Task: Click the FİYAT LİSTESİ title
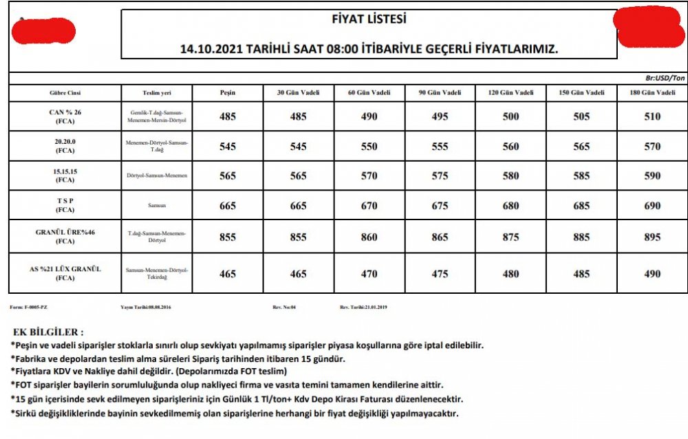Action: pos(369,19)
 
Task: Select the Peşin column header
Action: pos(228,92)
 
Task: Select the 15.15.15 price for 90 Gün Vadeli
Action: pos(441,176)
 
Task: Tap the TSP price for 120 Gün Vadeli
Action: pos(511,206)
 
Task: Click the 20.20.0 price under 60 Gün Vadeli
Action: pos(369,147)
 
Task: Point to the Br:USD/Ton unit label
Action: pos(665,79)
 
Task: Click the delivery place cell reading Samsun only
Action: pos(158,206)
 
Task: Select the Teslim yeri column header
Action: pos(158,92)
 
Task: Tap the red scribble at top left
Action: pos(43,31)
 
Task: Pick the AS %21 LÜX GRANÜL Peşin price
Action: pos(228,274)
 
